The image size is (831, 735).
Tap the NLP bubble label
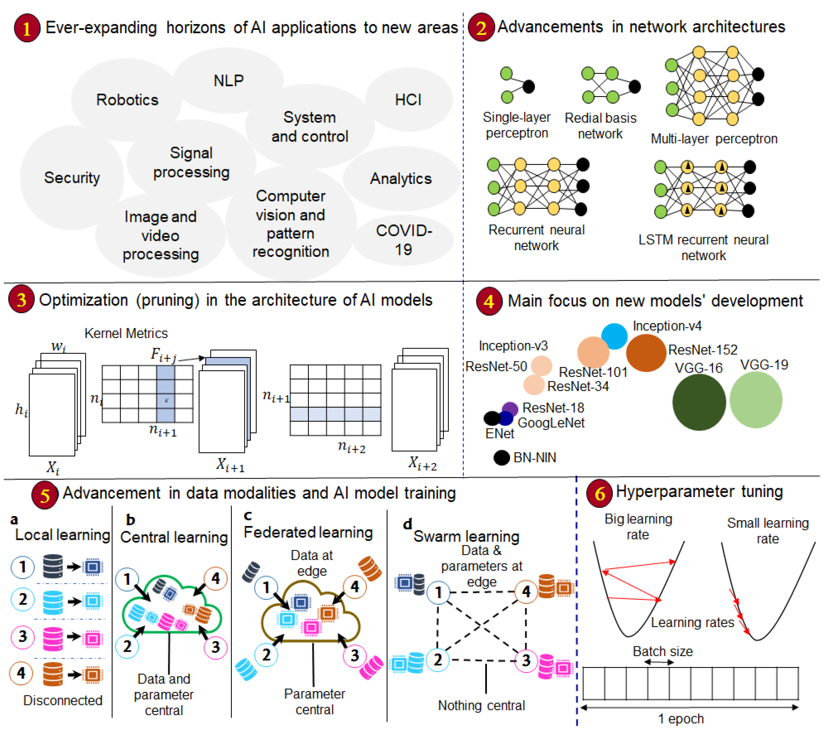coord(228,81)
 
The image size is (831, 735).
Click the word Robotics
coord(127,100)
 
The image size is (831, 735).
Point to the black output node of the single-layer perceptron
coord(529,86)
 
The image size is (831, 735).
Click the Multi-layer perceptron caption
coord(714,139)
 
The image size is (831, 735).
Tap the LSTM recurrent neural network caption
coord(703,247)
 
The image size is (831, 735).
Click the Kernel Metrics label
coord(126,333)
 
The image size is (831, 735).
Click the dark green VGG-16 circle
coord(699,402)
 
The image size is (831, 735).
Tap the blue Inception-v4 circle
coord(614,336)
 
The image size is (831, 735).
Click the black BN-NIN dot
coord(501,458)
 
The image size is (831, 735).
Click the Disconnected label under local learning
coord(63,700)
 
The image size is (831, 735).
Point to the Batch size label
coord(663,651)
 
